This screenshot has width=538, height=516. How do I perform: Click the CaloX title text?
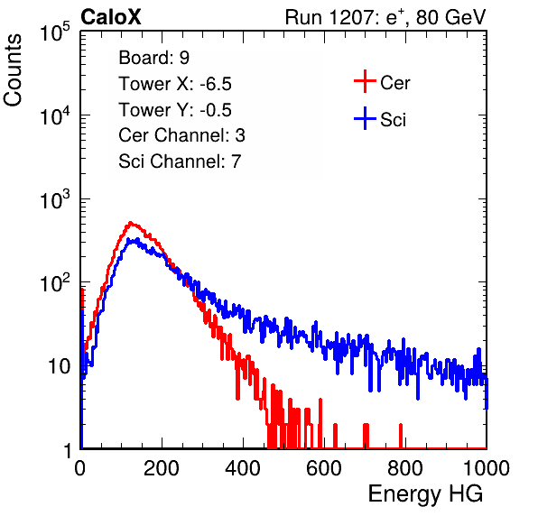110,17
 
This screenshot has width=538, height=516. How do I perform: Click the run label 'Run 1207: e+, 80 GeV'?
385,17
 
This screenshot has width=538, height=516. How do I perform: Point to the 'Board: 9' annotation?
153,58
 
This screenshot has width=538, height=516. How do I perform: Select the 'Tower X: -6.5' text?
175,84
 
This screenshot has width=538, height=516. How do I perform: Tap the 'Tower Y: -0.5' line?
175,110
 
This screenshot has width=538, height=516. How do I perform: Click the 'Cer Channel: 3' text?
181,135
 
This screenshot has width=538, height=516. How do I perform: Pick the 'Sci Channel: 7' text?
180,161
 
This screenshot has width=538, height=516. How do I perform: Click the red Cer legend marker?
365,81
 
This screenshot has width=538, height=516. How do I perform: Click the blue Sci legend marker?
365,119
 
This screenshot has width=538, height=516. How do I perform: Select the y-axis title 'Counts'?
13,70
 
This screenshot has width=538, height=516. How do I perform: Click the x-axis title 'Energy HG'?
425,494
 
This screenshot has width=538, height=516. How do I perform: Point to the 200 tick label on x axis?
162,468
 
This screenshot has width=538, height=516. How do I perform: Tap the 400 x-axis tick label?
243,468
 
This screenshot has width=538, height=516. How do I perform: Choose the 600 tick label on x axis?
324,468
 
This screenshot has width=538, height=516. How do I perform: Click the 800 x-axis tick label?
405,468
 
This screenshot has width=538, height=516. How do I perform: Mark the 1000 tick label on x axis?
487,468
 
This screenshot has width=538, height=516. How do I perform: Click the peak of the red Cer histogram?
130,223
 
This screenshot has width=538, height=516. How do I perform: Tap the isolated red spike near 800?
401,436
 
